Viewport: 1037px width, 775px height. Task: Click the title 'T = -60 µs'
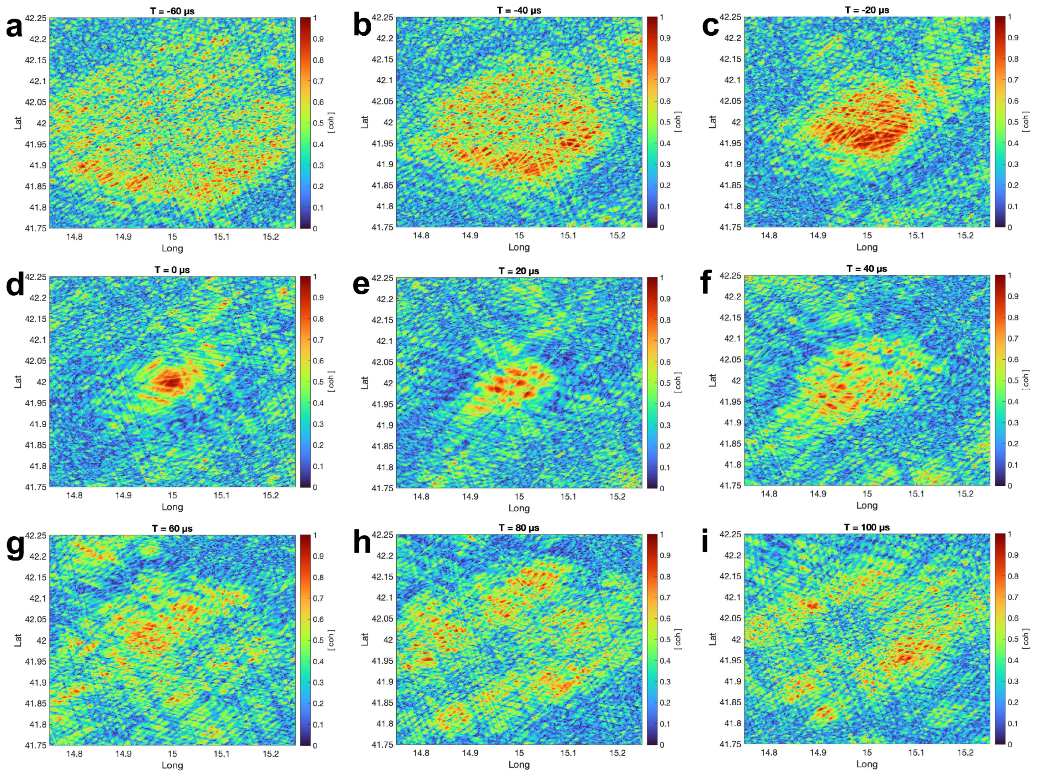click(x=172, y=11)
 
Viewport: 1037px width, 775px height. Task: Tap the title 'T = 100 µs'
click(x=866, y=527)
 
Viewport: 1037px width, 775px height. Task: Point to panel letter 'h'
click(x=361, y=542)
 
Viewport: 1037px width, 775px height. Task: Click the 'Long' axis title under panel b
click(x=519, y=247)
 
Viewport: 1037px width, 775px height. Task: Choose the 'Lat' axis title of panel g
click(x=18, y=640)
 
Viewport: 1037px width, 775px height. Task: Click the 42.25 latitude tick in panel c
click(x=730, y=17)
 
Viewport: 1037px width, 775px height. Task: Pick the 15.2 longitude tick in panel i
click(x=965, y=752)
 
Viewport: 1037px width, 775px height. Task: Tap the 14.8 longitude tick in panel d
click(x=74, y=496)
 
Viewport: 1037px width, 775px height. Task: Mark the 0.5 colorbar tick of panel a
click(x=318, y=123)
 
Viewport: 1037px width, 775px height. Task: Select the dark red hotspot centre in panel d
click(x=172, y=381)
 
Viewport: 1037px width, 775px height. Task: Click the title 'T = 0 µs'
click(x=172, y=270)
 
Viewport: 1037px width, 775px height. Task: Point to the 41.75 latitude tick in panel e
click(x=383, y=488)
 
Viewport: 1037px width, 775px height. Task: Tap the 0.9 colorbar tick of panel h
click(x=665, y=556)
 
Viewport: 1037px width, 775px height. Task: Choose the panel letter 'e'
click(x=361, y=284)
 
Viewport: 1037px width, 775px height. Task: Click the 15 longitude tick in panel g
click(x=172, y=754)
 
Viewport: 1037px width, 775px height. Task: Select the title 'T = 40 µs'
click(x=866, y=269)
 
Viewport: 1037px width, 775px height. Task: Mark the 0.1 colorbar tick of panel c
click(x=1013, y=206)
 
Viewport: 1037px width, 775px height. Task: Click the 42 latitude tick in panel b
click(x=388, y=122)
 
